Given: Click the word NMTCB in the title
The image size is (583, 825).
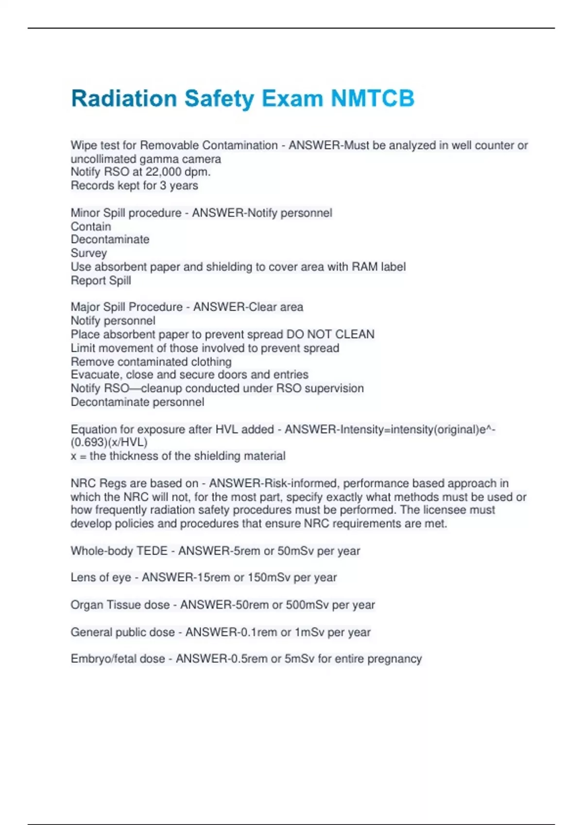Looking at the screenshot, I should [373, 99].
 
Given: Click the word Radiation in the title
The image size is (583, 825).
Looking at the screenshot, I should [124, 99].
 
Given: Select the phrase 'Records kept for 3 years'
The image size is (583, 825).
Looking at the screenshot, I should [134, 185].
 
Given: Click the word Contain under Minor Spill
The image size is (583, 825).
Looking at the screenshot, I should [91, 226].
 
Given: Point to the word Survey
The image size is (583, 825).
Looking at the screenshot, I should [88, 253].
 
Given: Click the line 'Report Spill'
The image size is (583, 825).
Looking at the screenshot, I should [101, 280].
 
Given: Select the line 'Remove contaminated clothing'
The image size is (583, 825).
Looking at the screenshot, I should [151, 362].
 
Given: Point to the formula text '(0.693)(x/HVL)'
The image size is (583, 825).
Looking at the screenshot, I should [109, 442].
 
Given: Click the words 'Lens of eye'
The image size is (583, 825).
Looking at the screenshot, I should [101, 577].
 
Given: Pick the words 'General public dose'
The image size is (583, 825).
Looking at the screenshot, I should [122, 632].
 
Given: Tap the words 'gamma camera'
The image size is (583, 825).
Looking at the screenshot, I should [180, 159].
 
